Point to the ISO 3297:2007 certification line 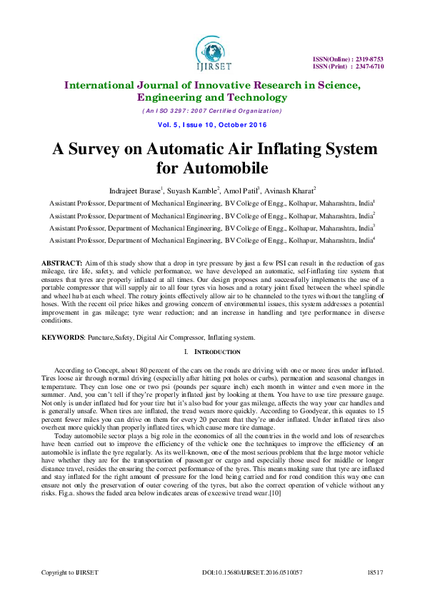[x=211, y=111]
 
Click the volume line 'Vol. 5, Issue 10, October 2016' [x=212, y=125]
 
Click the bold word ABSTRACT [x=62, y=263]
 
